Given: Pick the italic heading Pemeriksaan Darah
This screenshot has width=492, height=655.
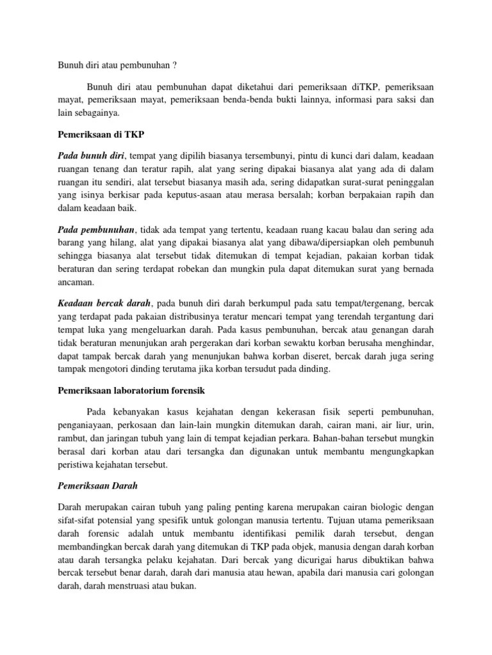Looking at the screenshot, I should tap(99, 485).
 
